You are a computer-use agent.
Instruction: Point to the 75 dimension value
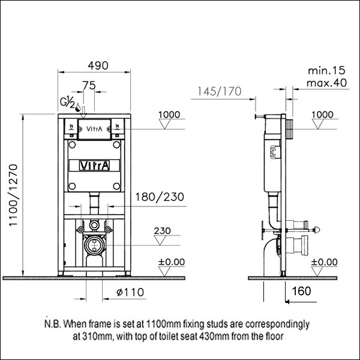click(x=88, y=86)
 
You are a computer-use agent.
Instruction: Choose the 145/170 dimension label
click(x=218, y=91)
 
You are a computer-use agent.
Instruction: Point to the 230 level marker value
click(x=162, y=230)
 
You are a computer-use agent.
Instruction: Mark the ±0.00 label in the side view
click(x=324, y=262)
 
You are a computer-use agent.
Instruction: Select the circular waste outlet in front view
click(x=93, y=244)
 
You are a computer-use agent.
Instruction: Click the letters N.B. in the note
click(x=53, y=325)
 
